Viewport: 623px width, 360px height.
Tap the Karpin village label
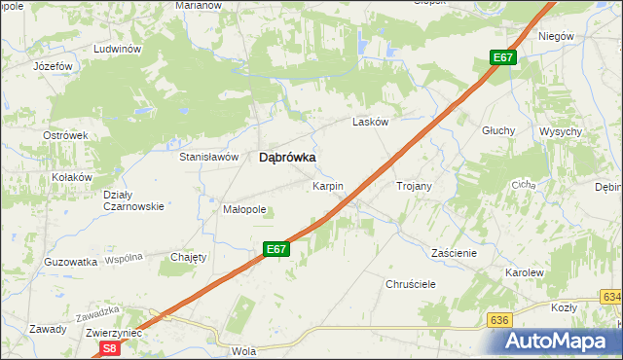point(326,185)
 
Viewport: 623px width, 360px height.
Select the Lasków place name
point(370,123)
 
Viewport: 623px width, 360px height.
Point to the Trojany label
point(414,185)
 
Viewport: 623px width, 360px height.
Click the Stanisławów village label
point(208,157)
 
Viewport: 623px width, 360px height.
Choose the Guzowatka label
point(71,262)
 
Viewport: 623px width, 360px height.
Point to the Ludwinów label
point(118,49)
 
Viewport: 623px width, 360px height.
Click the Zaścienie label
point(454,252)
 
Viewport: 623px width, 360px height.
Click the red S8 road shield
point(110,347)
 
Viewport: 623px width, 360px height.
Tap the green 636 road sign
point(499,320)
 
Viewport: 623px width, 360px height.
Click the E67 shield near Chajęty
point(276,250)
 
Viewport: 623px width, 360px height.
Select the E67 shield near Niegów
point(502,58)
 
